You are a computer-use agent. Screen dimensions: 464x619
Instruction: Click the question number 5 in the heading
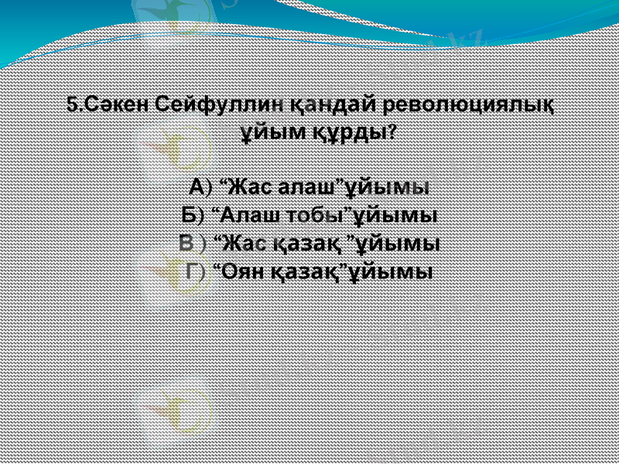72,104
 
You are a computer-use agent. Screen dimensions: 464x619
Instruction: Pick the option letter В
186,244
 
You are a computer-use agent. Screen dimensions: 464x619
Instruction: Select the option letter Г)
195,271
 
